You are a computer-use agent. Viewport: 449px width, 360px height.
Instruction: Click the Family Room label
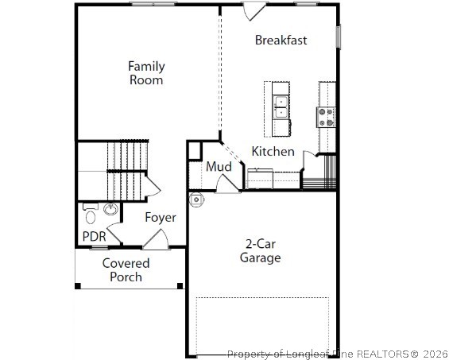pyautogui.click(x=146, y=73)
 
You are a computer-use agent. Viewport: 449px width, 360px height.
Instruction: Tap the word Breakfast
pyautogui.click(x=281, y=41)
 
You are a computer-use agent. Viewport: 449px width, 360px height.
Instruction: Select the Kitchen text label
pyautogui.click(x=273, y=151)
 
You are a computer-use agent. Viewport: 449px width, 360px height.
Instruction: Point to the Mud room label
pyautogui.click(x=219, y=167)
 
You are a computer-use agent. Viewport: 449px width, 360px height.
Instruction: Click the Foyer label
pyautogui.click(x=160, y=217)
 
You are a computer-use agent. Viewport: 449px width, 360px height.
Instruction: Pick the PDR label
pyautogui.click(x=94, y=237)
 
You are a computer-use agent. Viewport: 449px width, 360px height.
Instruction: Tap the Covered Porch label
pyautogui.click(x=126, y=269)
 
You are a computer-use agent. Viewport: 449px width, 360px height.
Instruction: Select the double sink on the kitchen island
pyautogui.click(x=281, y=105)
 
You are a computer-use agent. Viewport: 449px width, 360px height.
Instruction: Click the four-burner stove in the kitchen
pyautogui.click(x=327, y=118)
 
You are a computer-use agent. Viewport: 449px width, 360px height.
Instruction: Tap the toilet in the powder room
pyautogui.click(x=90, y=215)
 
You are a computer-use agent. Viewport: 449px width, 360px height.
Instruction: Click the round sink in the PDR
pyautogui.click(x=110, y=211)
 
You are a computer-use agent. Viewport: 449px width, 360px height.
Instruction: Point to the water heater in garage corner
pyautogui.click(x=196, y=199)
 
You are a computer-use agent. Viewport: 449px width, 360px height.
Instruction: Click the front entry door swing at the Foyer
pyautogui.click(x=156, y=238)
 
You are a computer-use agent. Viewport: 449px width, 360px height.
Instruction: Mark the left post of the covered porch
pyautogui.click(x=77, y=285)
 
